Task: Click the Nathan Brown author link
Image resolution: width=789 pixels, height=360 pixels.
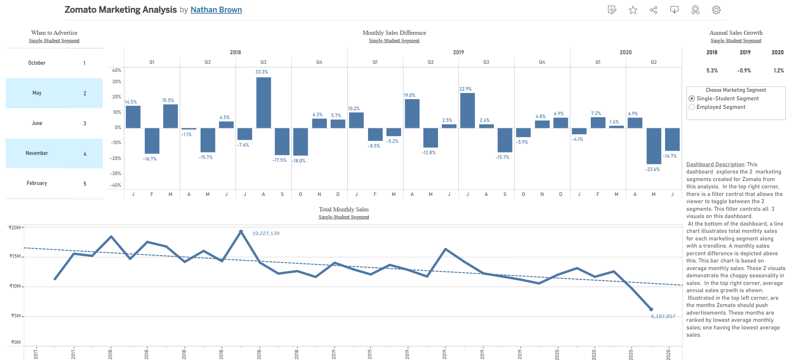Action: [216, 10]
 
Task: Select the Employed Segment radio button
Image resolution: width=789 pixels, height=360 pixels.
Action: [692, 107]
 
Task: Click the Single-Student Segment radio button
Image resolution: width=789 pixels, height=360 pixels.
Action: [692, 98]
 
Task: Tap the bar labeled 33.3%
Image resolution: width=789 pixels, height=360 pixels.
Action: [263, 103]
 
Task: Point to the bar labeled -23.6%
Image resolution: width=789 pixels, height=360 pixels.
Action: [654, 146]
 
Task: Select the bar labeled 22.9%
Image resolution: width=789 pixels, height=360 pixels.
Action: [467, 110]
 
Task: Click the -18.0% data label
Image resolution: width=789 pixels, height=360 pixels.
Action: [299, 161]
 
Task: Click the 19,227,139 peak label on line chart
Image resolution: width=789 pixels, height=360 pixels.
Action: [266, 233]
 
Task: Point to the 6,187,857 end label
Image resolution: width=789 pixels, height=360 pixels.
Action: [663, 316]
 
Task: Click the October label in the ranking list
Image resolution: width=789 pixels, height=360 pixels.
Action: [37, 63]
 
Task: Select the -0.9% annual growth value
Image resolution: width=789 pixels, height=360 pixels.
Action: [744, 71]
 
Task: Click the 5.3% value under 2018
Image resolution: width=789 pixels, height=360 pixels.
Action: [712, 71]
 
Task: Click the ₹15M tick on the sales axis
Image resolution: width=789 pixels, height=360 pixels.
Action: [15, 256]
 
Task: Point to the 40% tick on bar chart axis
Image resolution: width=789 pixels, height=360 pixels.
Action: [116, 70]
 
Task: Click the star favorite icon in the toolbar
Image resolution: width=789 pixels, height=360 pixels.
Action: [633, 10]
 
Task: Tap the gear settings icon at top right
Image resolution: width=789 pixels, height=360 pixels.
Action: [716, 10]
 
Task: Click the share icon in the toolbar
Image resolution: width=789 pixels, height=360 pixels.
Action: [654, 10]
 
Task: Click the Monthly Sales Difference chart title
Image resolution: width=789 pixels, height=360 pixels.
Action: [394, 33]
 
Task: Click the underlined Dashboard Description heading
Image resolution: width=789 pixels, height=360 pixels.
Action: [715, 164]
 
